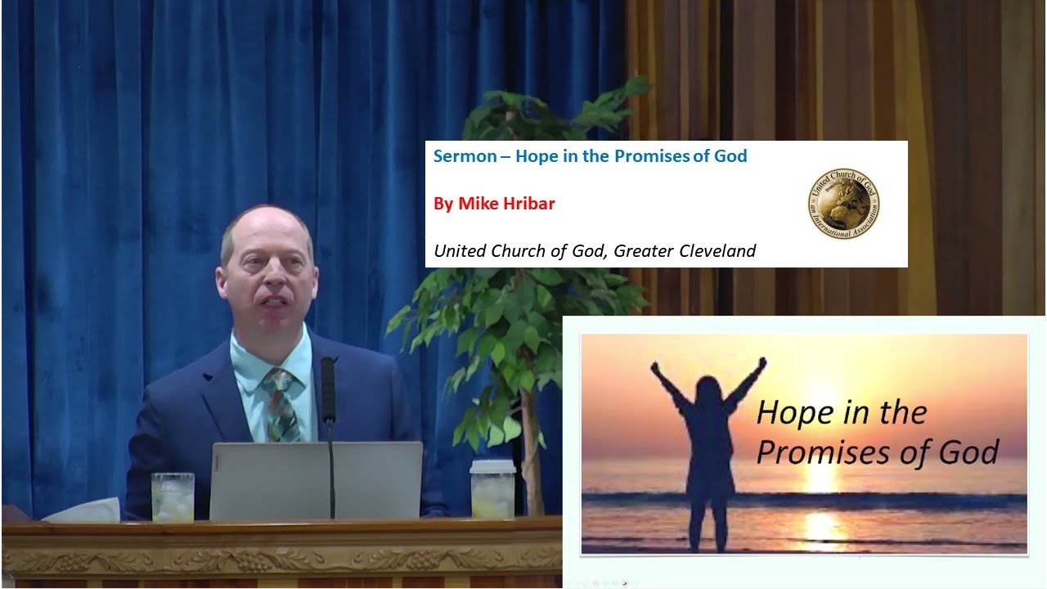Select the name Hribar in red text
click(x=528, y=204)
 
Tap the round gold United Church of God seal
click(x=843, y=204)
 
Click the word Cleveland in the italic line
click(x=717, y=251)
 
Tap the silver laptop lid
click(x=316, y=481)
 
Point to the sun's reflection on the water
click(x=822, y=524)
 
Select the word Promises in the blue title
click(x=649, y=156)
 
